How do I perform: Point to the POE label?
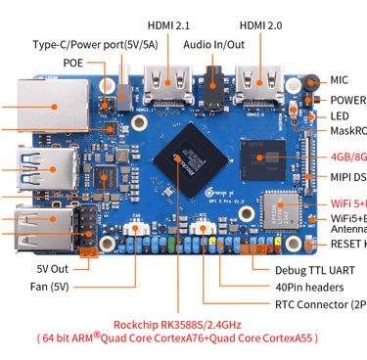tap(73, 62)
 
